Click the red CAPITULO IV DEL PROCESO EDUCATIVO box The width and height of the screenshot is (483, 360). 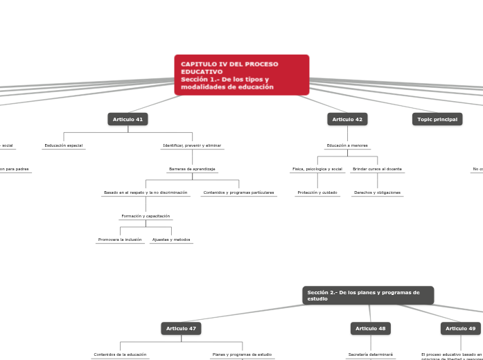pyautogui.click(x=241, y=75)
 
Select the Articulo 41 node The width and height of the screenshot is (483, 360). pyautogui.click(x=128, y=119)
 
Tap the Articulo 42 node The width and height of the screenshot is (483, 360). pyautogui.click(x=347, y=119)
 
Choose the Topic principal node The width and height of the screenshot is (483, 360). pyautogui.click(x=437, y=119)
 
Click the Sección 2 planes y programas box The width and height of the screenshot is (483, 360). pyautogui.click(x=368, y=296)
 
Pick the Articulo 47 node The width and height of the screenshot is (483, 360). pyautogui.click(x=181, y=328)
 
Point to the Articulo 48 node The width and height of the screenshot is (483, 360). pyautogui.click(x=371, y=328)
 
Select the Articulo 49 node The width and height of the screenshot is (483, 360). pyautogui.click(x=461, y=328)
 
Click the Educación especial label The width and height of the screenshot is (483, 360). pyautogui.click(x=64, y=145)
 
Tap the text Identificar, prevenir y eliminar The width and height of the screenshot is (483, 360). pyautogui.click(x=192, y=145)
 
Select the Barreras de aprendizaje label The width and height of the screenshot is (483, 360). pyautogui.click(x=192, y=169)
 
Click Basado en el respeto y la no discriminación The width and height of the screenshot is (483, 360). pyautogui.click(x=146, y=192)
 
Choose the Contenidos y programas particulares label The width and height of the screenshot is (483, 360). pyautogui.click(x=238, y=192)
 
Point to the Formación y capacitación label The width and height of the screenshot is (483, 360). pyautogui.click(x=146, y=216)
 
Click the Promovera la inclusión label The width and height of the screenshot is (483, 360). pyautogui.click(x=120, y=240)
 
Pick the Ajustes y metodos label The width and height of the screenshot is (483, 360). pyautogui.click(x=171, y=240)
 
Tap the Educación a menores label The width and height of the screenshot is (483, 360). pyautogui.click(x=347, y=145)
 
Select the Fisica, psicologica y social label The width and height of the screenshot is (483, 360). pyautogui.click(x=317, y=169)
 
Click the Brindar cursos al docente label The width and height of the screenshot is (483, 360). pyautogui.click(x=377, y=169)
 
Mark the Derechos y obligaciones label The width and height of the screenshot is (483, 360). pyautogui.click(x=377, y=192)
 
